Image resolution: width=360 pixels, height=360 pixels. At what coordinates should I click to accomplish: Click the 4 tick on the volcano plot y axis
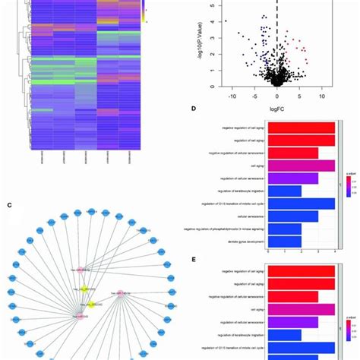click(216, 21)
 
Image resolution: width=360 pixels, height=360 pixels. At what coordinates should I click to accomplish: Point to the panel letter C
click(9, 204)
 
